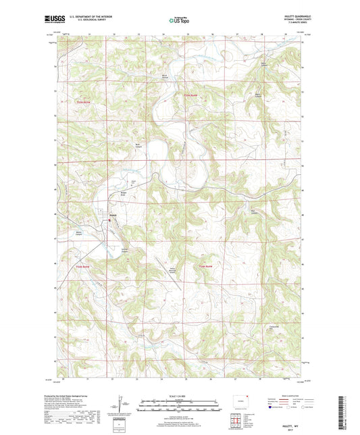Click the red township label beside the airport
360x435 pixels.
click(204, 267)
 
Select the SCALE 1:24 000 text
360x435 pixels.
click(180, 394)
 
